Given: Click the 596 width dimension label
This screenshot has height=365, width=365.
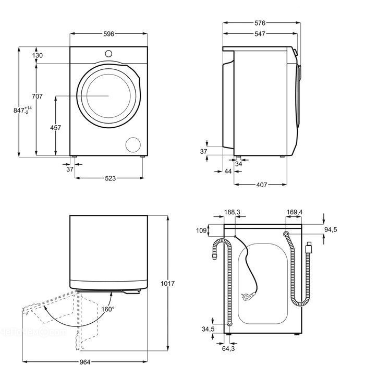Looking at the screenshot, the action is tap(108, 34).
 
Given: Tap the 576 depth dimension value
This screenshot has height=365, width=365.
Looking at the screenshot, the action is tap(260, 23).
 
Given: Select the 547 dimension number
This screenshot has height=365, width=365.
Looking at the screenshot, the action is tap(260, 34).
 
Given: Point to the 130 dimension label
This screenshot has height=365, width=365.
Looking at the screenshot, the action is tap(38, 55).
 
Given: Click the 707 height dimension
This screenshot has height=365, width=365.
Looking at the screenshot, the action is tap(37, 96).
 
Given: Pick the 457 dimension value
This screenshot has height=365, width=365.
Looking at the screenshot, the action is tap(55, 128).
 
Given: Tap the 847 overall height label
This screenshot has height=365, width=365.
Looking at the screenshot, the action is tap(22, 110).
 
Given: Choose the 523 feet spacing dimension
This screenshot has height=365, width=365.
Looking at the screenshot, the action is tap(110, 178).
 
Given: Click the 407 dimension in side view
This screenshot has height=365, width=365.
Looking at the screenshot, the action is tap(261, 185).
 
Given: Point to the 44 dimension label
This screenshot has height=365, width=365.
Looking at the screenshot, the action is tap(228, 172).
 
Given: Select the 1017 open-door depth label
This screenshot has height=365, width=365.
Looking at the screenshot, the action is tap(167, 284).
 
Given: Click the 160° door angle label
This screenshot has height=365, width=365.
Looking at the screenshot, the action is tap(108, 309).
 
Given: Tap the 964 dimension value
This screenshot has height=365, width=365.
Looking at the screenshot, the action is tap(84, 362).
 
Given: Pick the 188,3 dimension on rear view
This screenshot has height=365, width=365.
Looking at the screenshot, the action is tap(232, 212).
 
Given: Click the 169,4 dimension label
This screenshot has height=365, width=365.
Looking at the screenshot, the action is tap(295, 212).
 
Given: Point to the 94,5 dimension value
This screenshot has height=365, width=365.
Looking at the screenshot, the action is tap(331, 230).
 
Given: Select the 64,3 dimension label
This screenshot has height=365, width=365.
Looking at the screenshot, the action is tap(228, 348).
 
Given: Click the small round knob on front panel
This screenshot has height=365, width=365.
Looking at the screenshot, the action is tap(108, 54).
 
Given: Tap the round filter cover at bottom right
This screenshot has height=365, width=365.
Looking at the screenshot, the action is tap(133, 145).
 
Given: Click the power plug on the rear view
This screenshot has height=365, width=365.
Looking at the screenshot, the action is tap(248, 296).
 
